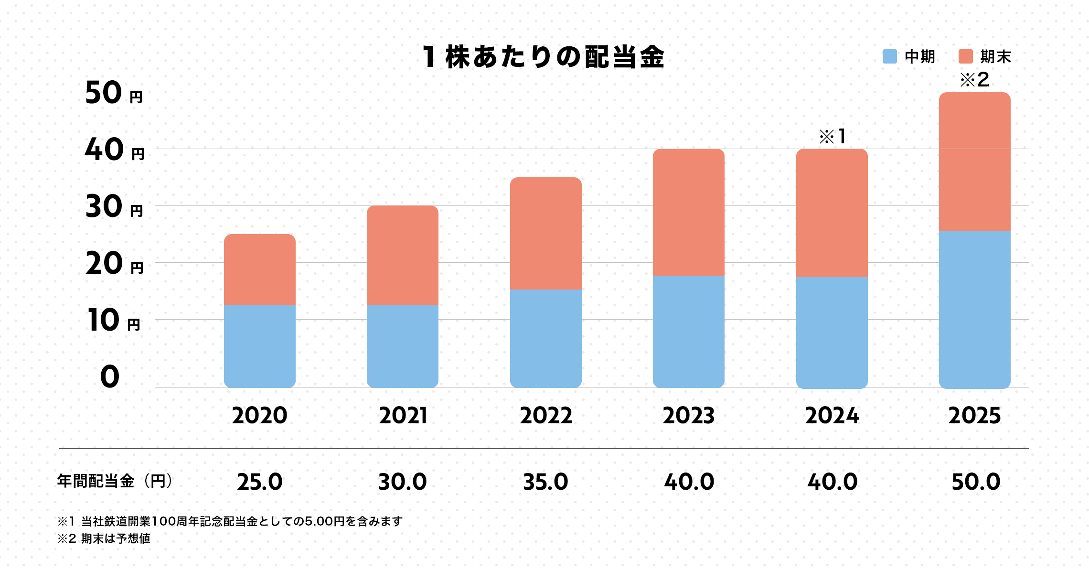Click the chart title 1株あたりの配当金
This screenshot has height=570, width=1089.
point(544,57)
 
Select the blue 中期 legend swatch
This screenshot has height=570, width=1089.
point(889,56)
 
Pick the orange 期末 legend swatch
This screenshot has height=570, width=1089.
point(965,56)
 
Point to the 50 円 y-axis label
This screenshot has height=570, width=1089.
point(114,93)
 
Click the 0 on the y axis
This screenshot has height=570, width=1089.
point(110,376)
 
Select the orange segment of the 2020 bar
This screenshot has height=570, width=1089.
point(259,269)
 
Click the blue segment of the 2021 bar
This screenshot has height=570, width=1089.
point(402,346)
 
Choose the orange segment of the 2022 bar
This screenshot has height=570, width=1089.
point(545,233)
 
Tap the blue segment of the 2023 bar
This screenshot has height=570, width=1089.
point(688,332)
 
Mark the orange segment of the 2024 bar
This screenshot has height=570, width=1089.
point(832,213)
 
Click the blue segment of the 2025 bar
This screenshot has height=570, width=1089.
point(974,310)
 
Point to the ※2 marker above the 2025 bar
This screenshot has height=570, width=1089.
point(974,80)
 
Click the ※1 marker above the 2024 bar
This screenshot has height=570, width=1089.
point(833,137)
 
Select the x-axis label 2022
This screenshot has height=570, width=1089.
point(545,416)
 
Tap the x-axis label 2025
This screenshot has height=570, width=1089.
point(974,416)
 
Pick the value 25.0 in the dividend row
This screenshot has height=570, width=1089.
point(259,482)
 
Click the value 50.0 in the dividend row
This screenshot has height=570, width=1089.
point(975,482)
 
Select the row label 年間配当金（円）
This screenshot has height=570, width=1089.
point(115,481)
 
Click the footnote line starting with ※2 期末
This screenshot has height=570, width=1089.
point(104,538)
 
